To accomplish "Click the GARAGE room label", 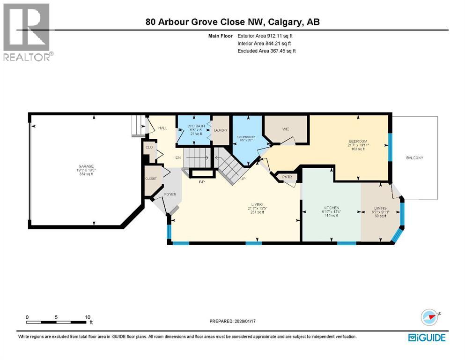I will point(85,165).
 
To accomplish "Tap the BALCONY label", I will point(414,158).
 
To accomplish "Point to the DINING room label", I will point(380,208).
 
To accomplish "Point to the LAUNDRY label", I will point(221,130).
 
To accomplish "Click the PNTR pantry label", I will point(288,177).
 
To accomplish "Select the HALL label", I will point(162,127).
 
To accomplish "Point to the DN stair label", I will point(178,157).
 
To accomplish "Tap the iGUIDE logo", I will point(427,337).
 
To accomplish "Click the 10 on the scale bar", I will point(88,317).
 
